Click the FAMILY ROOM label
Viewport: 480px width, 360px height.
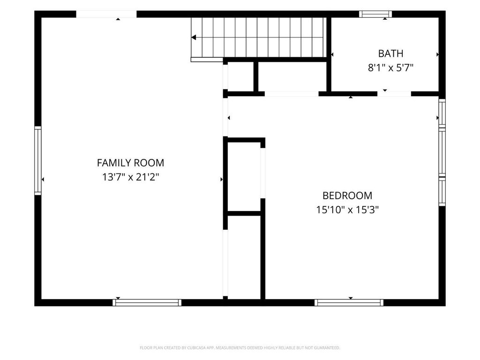tap(130, 163)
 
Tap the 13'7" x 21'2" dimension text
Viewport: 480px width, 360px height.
tap(131, 177)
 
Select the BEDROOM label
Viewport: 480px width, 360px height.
tap(347, 195)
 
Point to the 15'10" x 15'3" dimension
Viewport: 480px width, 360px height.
tap(347, 210)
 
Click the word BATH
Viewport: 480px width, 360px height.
tap(390, 53)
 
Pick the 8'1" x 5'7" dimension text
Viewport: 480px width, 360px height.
tap(390, 67)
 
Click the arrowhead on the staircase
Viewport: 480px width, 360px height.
tap(194, 37)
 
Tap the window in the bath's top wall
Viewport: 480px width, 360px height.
tap(375, 14)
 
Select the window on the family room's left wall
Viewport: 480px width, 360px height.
tap(37, 160)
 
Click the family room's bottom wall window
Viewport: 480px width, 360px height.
tap(147, 302)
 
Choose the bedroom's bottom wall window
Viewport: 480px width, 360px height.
tap(349, 302)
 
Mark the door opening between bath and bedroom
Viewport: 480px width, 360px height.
tap(394, 94)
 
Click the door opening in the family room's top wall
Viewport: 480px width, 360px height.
tap(106, 14)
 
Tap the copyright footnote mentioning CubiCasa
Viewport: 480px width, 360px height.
tap(240, 348)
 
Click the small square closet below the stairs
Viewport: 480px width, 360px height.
tap(240, 76)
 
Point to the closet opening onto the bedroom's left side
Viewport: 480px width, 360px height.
tap(244, 177)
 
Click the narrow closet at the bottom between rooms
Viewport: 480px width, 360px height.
tap(244, 257)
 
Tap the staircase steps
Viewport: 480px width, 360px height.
tap(258, 37)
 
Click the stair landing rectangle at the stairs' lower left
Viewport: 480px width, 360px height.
tap(207, 60)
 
